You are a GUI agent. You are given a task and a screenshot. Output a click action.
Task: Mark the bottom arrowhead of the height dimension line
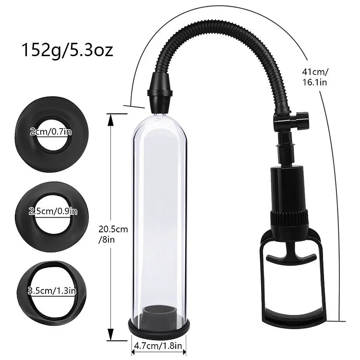tap(111, 337)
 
